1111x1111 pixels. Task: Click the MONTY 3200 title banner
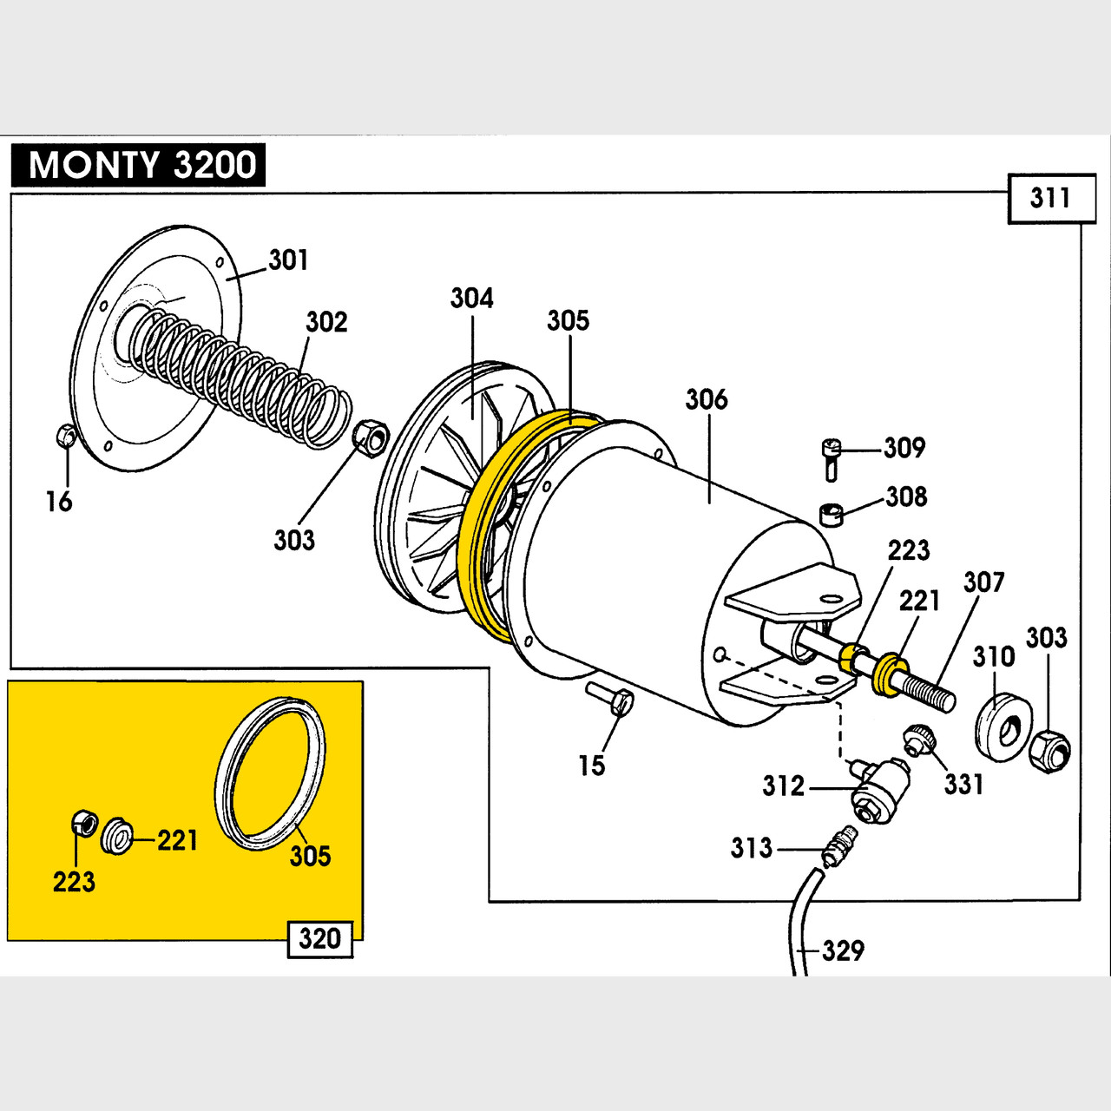click(x=139, y=165)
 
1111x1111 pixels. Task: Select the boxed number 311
click(x=1050, y=198)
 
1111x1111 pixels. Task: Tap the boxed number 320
click(x=319, y=939)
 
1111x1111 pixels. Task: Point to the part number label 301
click(x=288, y=260)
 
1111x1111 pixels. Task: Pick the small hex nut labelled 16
click(x=64, y=435)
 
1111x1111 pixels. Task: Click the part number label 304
click(x=471, y=299)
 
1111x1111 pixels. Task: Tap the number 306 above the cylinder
click(x=707, y=399)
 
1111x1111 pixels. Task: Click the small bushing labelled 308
click(x=832, y=514)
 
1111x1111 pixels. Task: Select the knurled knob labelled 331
click(x=917, y=740)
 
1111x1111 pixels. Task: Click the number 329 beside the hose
click(x=843, y=950)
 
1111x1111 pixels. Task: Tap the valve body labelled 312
click(x=878, y=790)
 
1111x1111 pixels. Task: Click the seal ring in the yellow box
click(x=270, y=772)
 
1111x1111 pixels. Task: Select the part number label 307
click(x=983, y=582)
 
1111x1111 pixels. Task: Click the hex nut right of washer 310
click(x=1049, y=751)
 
